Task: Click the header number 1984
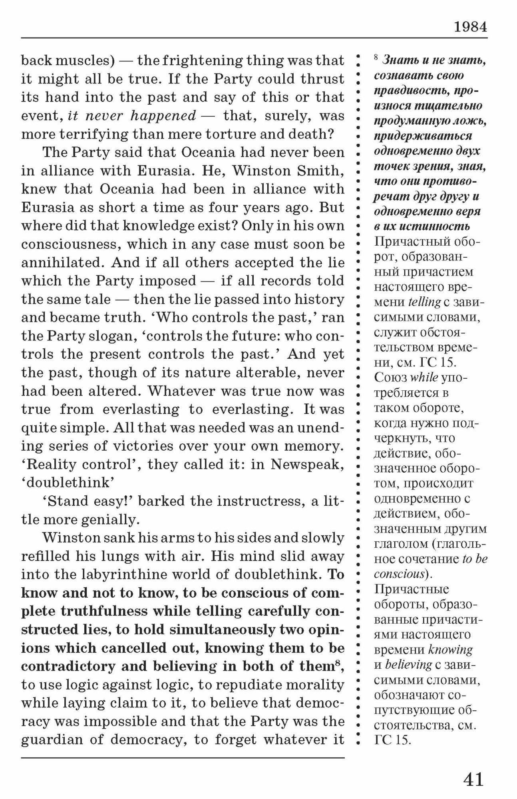tap(471, 27)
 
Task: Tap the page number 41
tap(473, 779)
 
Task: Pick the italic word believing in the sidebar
tap(408, 665)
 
